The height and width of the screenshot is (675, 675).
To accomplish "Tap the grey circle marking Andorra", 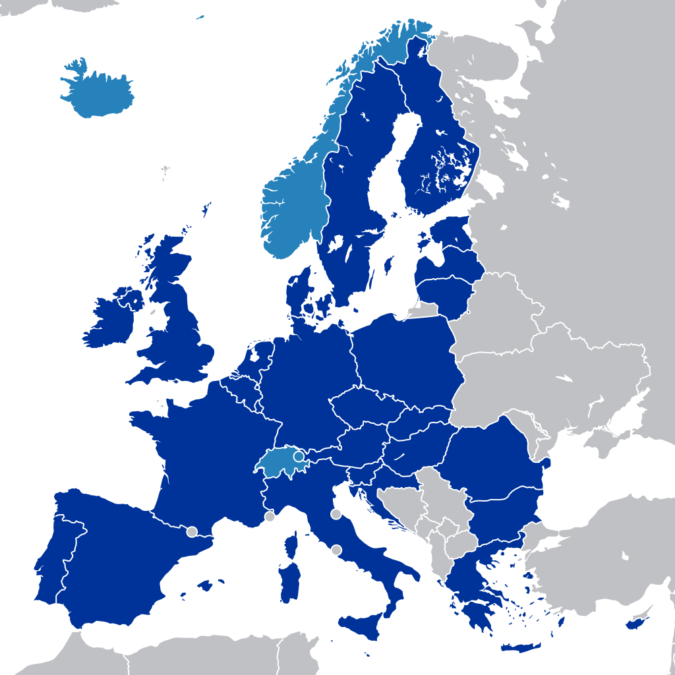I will pos(192,531).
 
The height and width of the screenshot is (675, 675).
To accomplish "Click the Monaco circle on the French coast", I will pos(270,516).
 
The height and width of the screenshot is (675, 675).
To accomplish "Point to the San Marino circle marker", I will pos(336,514).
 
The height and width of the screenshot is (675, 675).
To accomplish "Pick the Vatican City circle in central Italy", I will pos(337,550).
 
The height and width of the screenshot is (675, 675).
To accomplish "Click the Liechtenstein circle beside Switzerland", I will pos(299,455).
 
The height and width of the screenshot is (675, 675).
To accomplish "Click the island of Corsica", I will pos(291,546).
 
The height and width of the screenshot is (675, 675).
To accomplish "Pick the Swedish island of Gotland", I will pos(388,266).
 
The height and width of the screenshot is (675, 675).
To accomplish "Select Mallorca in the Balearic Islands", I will pos(209,585).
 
